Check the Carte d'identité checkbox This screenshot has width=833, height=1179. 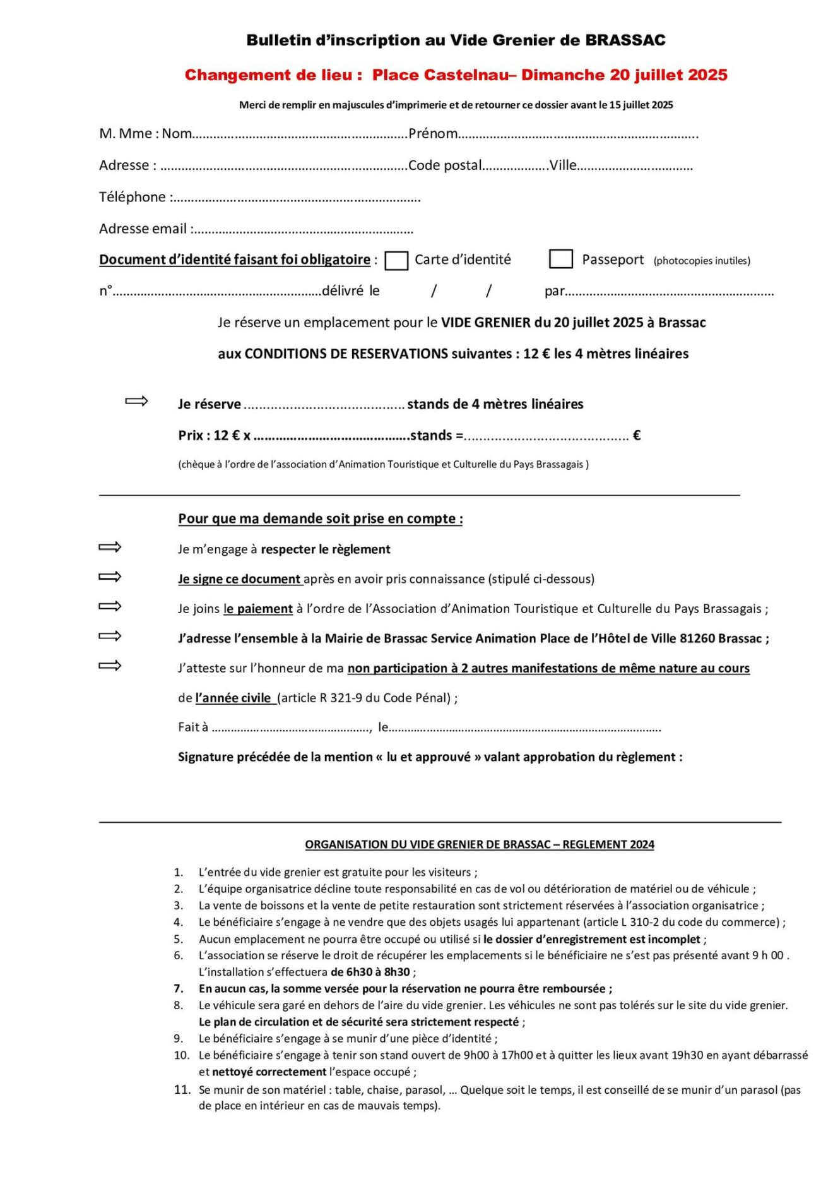point(396,260)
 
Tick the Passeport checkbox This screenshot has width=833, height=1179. point(560,259)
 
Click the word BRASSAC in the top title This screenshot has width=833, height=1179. point(625,40)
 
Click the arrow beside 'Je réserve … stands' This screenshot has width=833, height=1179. point(136,401)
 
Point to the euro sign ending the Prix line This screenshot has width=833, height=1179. point(637,436)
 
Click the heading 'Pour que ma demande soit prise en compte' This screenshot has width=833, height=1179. point(320,518)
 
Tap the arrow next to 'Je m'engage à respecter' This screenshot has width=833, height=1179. point(110,547)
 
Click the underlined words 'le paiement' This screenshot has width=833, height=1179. point(258,609)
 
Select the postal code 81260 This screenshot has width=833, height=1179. point(697,638)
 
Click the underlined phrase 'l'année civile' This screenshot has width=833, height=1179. point(233,698)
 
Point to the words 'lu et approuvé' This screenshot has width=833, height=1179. point(428,757)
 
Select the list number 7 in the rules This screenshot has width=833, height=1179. point(179,988)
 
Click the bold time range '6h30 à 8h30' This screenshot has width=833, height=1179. point(370,972)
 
